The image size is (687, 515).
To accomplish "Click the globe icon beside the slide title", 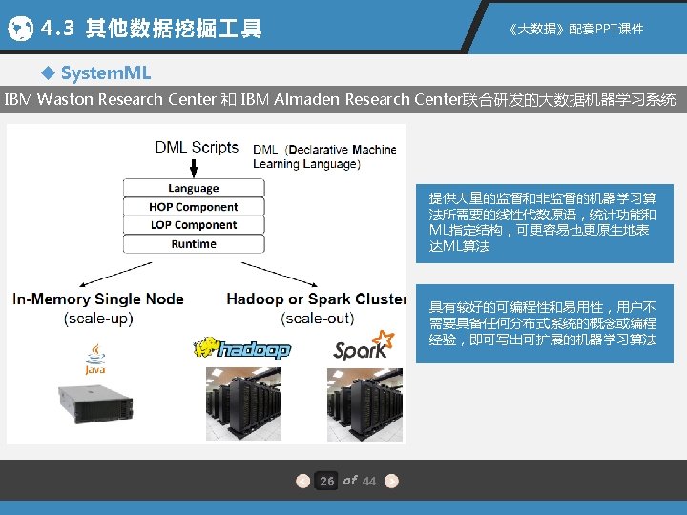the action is point(20,30).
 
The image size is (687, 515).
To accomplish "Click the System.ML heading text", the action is point(105,73).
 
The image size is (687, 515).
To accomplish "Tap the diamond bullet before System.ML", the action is point(49,73).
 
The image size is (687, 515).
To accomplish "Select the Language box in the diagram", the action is point(194,188).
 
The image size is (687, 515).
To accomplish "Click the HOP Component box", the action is point(194,207).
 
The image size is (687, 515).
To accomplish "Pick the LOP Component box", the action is point(194,225).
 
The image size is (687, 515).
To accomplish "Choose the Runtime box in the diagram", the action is point(194,244).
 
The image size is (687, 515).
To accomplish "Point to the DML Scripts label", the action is point(197,147).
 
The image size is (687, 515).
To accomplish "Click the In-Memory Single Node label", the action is point(98,299).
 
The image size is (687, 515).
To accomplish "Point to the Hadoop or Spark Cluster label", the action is point(316,299).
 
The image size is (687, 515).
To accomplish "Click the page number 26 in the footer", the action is point(327,481).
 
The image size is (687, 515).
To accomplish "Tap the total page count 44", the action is point(370,481).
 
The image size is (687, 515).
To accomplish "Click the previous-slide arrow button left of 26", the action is point(302,481).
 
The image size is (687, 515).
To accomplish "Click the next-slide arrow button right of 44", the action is point(391,481).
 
